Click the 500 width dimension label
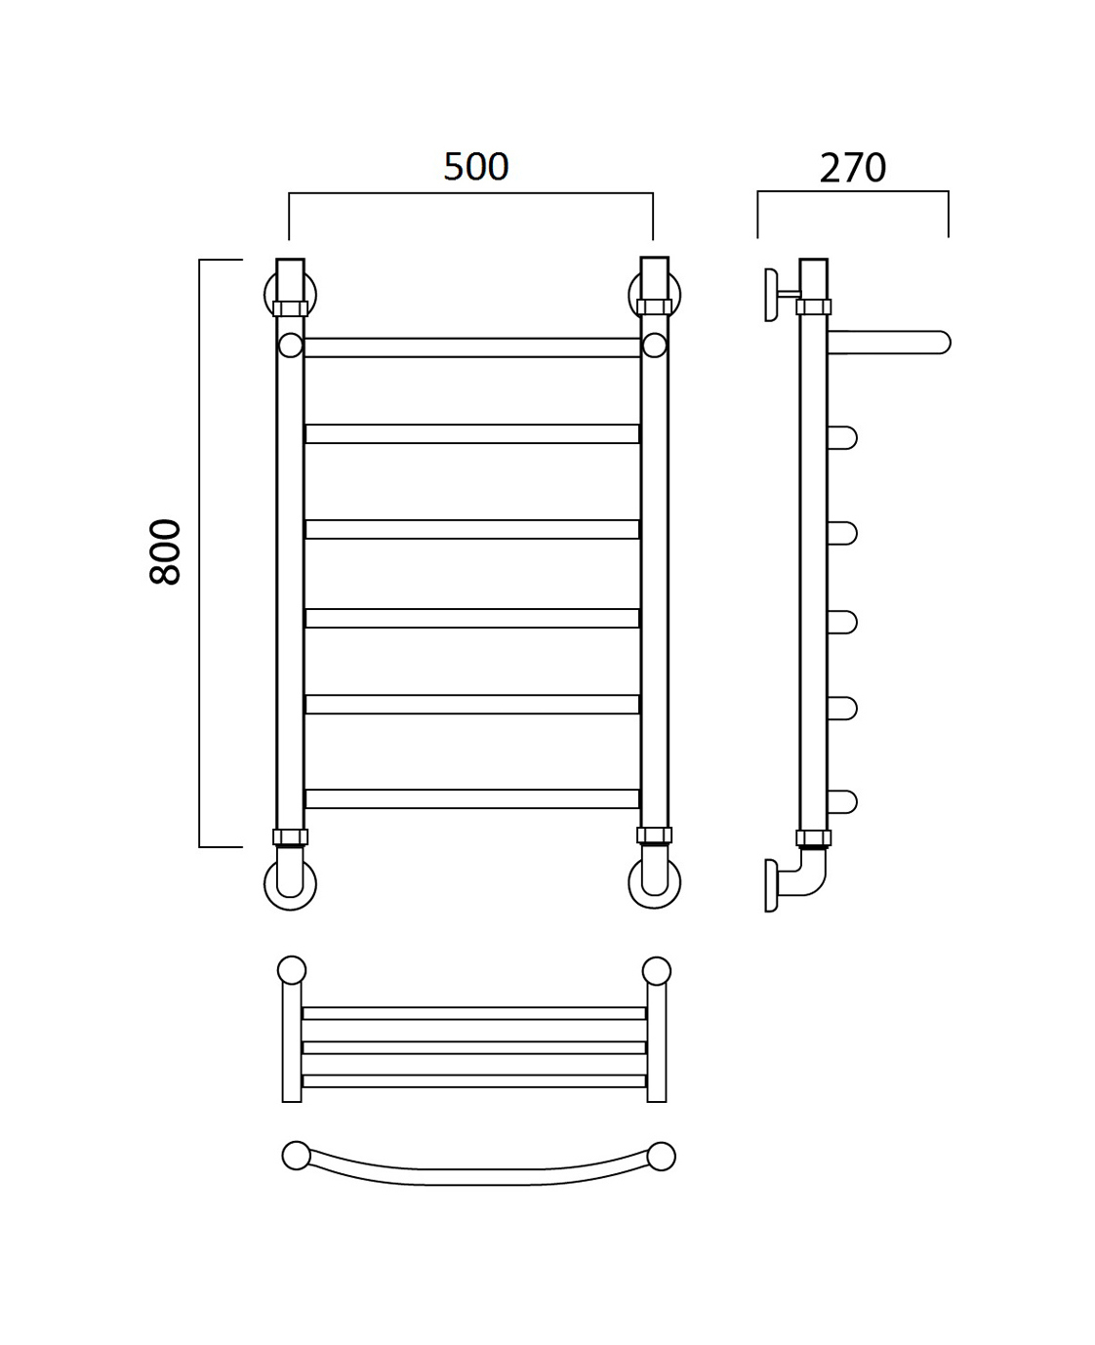(475, 167)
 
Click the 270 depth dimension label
(853, 168)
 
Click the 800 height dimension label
(166, 551)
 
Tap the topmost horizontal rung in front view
(471, 347)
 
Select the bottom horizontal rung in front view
(471, 798)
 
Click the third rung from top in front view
(471, 529)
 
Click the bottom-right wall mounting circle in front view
(655, 882)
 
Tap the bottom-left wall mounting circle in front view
(291, 884)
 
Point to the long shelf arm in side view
(889, 343)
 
